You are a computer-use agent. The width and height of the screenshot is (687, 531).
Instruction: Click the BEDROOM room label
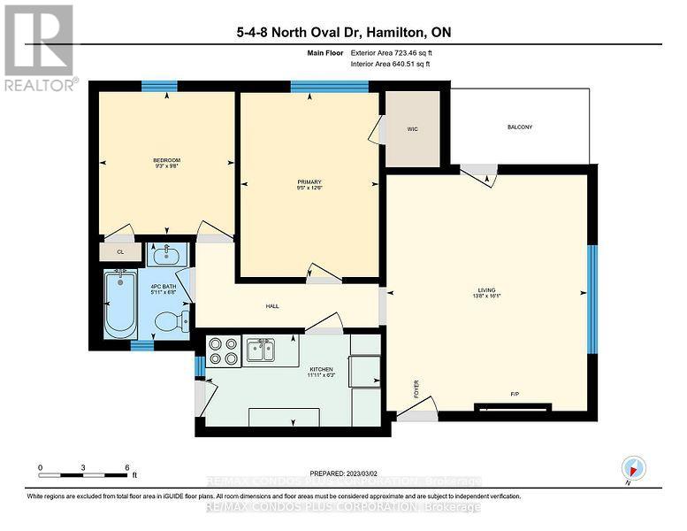tap(166, 160)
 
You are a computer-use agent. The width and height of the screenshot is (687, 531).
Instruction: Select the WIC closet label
tap(412, 129)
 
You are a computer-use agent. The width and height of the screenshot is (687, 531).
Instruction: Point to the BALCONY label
tap(520, 127)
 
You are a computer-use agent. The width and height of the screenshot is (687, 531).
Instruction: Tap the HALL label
tap(273, 306)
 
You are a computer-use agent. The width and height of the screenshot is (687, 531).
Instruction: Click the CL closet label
tap(120, 252)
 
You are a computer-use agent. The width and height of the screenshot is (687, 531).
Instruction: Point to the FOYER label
tap(416, 389)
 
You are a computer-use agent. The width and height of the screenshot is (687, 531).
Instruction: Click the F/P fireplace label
tap(514, 393)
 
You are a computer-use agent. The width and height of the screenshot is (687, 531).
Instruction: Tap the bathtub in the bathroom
tap(118, 305)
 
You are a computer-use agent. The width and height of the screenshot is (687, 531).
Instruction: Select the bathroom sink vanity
tap(166, 256)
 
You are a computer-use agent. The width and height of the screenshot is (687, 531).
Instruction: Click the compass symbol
tap(633, 466)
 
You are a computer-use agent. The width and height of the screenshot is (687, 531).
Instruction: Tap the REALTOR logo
tap(41, 48)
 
